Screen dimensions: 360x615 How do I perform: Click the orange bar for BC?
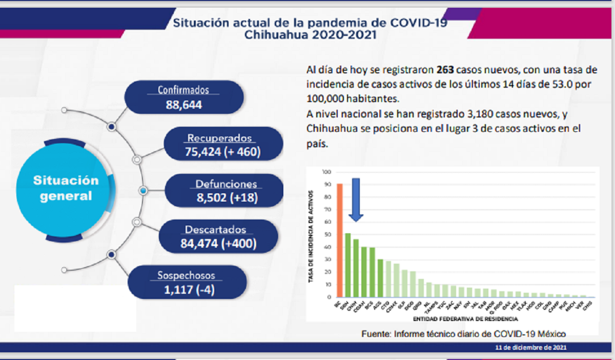tap(339, 241)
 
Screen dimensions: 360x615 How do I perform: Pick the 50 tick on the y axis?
tap(327, 234)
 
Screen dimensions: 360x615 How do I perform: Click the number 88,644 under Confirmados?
tap(183, 105)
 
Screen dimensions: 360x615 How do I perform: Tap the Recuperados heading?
tap(219, 138)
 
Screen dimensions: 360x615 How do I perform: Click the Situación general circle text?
tap(66, 188)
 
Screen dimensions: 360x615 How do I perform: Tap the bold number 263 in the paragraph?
tap(445, 70)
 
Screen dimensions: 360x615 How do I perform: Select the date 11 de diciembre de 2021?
tap(531, 348)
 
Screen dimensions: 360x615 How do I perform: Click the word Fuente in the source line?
tap(376, 334)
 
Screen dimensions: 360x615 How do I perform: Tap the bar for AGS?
tap(380, 278)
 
